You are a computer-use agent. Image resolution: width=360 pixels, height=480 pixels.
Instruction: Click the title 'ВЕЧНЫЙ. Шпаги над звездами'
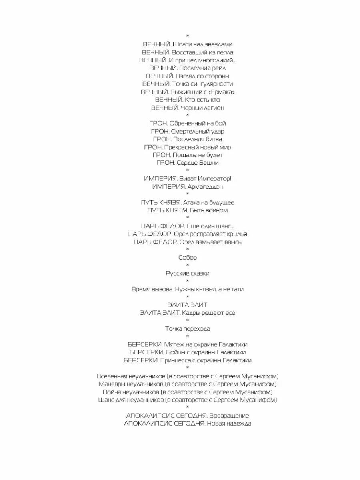pos(187,44)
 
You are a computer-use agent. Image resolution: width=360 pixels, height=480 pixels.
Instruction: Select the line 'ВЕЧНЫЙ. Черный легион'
pos(187,108)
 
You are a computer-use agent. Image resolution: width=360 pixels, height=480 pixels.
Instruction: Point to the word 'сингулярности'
pos(212,84)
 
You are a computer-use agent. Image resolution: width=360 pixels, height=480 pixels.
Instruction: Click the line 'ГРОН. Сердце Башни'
pos(187,163)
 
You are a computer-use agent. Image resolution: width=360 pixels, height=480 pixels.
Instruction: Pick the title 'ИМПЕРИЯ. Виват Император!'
pos(187,179)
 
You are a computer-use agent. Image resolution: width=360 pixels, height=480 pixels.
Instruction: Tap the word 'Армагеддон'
pos(205,187)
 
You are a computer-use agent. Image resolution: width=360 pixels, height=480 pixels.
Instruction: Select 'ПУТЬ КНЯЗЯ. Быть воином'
pos(187,210)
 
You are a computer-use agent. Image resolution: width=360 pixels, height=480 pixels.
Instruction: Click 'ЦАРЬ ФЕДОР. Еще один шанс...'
pos(187,226)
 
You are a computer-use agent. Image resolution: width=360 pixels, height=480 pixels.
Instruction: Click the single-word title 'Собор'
pos(187,258)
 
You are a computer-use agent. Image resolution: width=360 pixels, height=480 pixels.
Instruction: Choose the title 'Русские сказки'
pos(187,274)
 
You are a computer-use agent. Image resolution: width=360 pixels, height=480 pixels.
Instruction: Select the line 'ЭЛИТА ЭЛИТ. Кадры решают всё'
pos(187,313)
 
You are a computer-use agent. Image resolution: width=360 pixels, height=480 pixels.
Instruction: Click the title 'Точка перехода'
pos(187,329)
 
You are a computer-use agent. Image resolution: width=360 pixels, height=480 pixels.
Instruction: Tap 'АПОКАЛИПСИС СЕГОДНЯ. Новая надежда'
pos(187,423)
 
